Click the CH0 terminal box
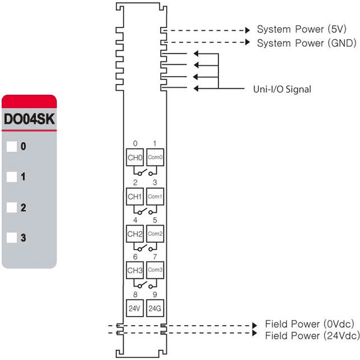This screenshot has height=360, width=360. (135, 157)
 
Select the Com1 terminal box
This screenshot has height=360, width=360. (155, 197)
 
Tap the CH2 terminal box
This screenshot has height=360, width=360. (135, 234)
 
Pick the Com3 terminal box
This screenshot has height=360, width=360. (155, 270)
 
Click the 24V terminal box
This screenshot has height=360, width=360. (135, 308)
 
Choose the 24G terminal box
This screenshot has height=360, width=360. (155, 308)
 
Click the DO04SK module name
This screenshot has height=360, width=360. (29, 119)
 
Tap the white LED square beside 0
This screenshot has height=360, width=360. (12, 146)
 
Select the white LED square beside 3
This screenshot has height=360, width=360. (12, 238)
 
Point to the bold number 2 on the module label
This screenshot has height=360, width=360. (23, 208)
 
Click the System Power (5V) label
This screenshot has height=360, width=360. (301, 29)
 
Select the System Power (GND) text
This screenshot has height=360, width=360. (307, 43)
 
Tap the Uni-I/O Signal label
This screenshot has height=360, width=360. (282, 89)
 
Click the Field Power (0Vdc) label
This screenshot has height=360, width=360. (310, 324)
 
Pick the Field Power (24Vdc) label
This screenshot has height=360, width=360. (313, 335)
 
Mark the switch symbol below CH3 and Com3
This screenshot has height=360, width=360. (145, 284)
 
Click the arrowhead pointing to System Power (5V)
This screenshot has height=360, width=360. (247, 30)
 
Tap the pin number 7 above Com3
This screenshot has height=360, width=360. (155, 257)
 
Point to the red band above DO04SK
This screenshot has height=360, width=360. (29, 101)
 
